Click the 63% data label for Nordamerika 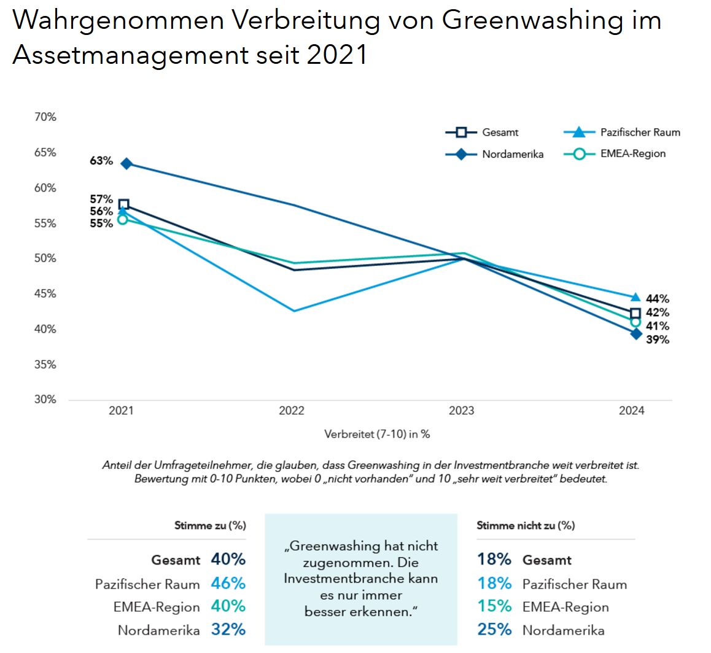101,161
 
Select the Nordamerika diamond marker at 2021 126,163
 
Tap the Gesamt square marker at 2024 635,314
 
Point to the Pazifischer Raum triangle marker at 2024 635,298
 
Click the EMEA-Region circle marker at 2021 122,219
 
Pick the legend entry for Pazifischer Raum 621,133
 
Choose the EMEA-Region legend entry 614,154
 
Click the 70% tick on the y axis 45,117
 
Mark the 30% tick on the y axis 45,400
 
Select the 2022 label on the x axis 291,411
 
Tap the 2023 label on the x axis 461,411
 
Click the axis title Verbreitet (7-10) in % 377,435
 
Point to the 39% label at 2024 657,339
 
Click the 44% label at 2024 657,299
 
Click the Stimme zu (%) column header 210,525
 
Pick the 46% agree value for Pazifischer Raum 228,583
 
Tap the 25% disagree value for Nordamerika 494,629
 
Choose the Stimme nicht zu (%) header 526,525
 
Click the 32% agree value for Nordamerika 228,629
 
